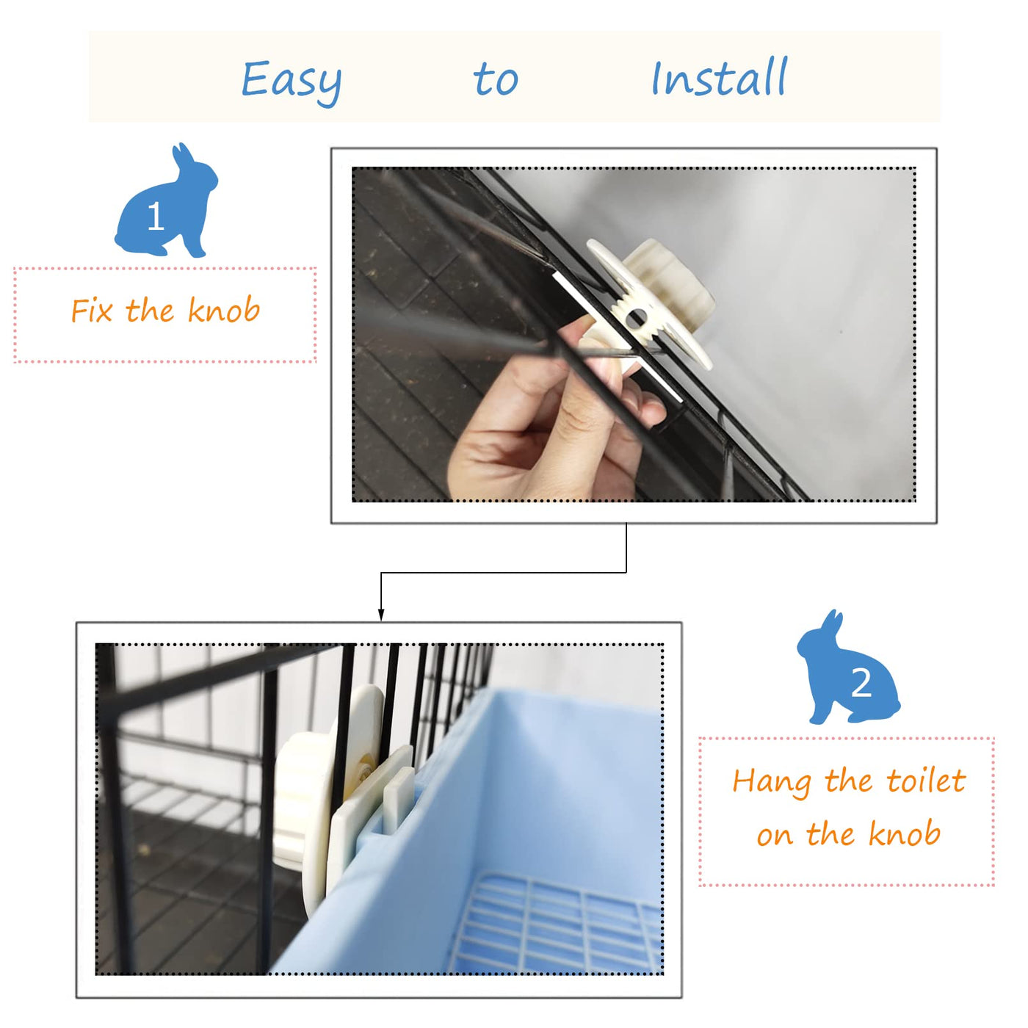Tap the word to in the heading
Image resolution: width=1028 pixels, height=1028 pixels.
click(496, 79)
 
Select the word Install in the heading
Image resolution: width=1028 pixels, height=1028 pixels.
click(719, 77)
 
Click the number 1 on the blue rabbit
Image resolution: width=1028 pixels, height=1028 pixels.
click(155, 216)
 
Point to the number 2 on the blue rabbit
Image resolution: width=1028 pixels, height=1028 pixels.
click(861, 683)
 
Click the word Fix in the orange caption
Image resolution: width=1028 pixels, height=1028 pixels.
click(92, 311)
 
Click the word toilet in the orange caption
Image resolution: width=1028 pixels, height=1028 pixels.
click(926, 781)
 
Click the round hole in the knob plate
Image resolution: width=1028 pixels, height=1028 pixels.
click(635, 319)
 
